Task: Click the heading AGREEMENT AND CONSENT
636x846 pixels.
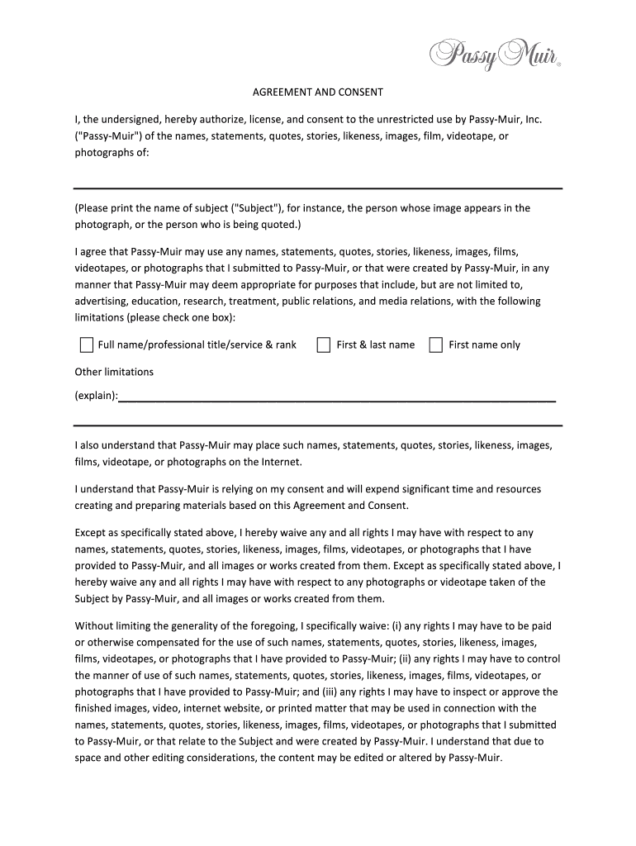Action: click(318, 93)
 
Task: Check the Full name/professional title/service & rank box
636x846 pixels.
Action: click(86, 345)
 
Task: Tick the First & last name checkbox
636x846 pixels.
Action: click(324, 345)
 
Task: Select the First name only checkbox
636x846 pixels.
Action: click(435, 345)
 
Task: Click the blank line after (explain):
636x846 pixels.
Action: click(337, 399)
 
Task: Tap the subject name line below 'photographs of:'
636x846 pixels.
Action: click(318, 188)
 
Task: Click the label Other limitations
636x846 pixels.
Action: click(114, 372)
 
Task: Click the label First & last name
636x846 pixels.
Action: click(376, 345)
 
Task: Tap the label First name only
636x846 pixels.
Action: click(484, 345)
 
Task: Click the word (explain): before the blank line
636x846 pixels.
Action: click(96, 396)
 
